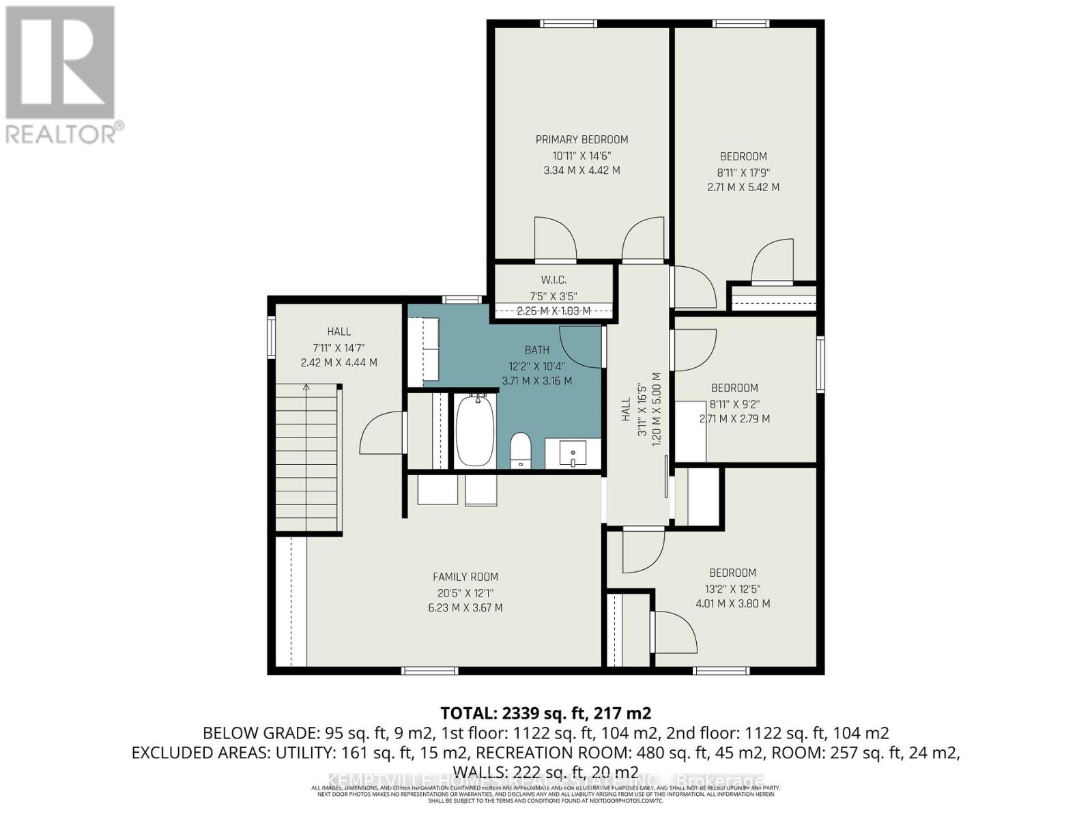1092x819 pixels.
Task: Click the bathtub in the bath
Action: [475, 431]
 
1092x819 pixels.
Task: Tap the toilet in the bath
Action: [521, 451]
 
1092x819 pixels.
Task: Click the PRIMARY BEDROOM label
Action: [581, 139]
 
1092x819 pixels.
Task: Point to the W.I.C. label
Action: [554, 280]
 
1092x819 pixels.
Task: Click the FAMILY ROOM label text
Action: [465, 577]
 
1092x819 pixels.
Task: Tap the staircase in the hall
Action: [308, 457]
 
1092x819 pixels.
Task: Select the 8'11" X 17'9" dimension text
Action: [743, 173]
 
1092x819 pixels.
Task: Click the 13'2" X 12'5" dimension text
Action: [733, 589]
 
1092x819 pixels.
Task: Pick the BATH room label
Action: [537, 350]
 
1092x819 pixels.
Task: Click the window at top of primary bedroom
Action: [569, 24]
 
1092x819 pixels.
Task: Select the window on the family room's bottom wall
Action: [429, 671]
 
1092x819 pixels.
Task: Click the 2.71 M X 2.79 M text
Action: [734, 419]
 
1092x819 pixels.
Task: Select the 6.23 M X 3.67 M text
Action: [465, 607]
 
